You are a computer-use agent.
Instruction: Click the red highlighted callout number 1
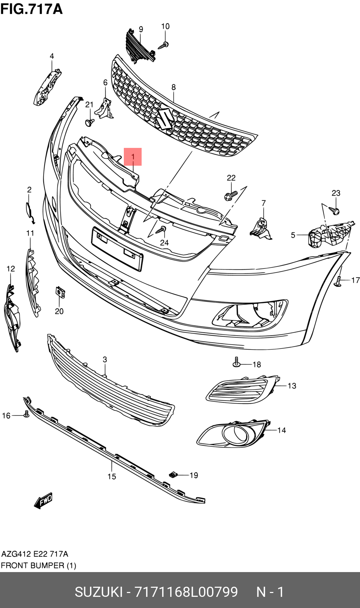(133, 157)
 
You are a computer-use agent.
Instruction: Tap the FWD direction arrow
(43, 500)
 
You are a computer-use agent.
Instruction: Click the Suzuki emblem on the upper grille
(165, 119)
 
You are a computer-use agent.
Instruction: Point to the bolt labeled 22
(231, 195)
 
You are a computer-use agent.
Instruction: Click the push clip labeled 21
(90, 122)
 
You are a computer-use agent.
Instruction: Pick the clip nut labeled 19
(173, 474)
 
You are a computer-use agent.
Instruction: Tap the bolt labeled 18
(237, 362)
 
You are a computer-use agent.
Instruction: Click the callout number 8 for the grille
(173, 87)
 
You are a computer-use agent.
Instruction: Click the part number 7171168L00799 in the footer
(186, 592)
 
